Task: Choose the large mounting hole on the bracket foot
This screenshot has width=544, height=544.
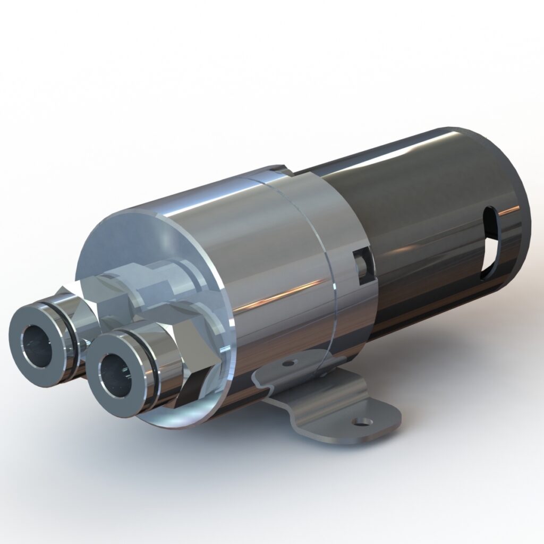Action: pyautogui.click(x=363, y=422)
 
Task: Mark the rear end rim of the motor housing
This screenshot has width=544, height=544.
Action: pyautogui.click(x=523, y=212)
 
